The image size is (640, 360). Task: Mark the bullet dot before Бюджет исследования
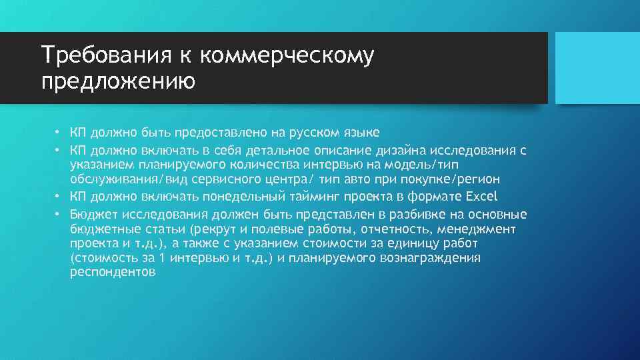(58, 214)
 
